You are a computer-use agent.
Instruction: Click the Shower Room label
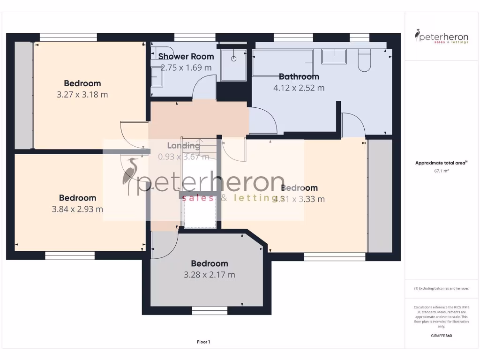(x=186, y=56)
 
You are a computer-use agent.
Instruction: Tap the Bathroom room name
(x=299, y=76)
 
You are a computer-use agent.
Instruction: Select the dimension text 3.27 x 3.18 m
(x=82, y=94)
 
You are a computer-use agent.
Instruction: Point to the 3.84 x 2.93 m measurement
(x=77, y=209)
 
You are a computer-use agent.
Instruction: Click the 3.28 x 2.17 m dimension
(x=210, y=275)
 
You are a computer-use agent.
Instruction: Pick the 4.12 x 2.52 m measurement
(x=299, y=88)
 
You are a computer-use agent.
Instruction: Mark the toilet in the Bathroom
(x=364, y=60)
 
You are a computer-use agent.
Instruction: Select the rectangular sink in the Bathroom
(x=334, y=56)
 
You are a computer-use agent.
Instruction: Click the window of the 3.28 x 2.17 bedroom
(x=210, y=310)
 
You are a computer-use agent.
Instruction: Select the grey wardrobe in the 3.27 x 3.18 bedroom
(x=23, y=95)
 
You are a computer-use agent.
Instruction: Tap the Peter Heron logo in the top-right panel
(x=442, y=37)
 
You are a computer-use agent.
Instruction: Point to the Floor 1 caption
(x=203, y=342)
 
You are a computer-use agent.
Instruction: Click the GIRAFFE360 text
(x=441, y=336)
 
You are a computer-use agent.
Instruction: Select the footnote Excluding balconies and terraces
(x=441, y=289)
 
